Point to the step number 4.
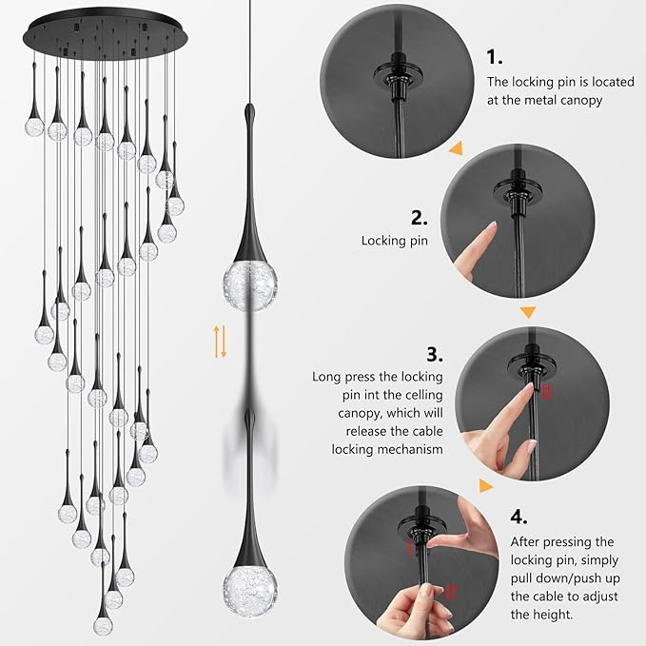[519, 517]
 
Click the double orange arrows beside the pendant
[221, 341]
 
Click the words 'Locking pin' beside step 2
[394, 242]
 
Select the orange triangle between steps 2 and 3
[527, 310]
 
